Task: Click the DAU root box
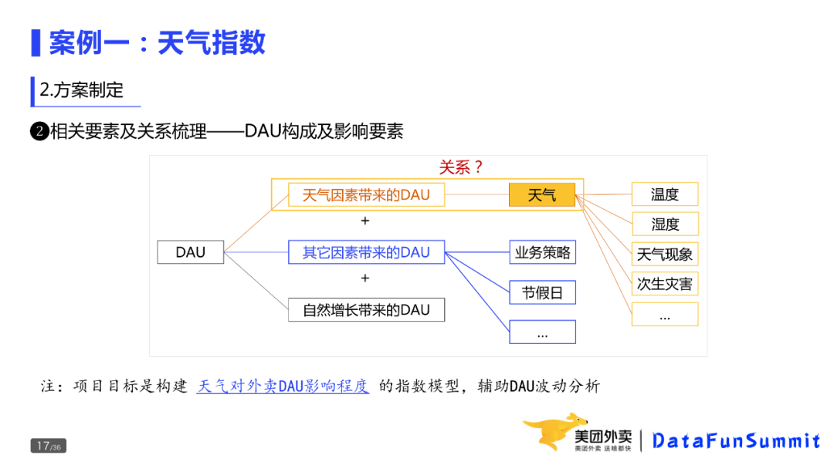pos(190,252)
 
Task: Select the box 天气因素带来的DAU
pos(366,194)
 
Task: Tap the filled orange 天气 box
pos(542,194)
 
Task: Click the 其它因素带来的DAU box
pos(366,252)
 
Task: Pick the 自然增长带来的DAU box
pos(366,310)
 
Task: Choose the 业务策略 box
pos(542,252)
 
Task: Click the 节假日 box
pos(542,292)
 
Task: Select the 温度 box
pos(664,194)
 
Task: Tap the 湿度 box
pos(664,224)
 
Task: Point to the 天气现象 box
pos(664,254)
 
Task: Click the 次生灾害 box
pos(664,284)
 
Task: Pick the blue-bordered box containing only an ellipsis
pos(542,332)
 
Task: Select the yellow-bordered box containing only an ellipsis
pos(664,314)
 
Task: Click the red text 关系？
pos(460,167)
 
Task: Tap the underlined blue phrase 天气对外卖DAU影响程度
pos(283,386)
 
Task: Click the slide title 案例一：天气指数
pos(157,42)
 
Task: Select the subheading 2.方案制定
pos(82,90)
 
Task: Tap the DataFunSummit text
pos(736,441)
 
